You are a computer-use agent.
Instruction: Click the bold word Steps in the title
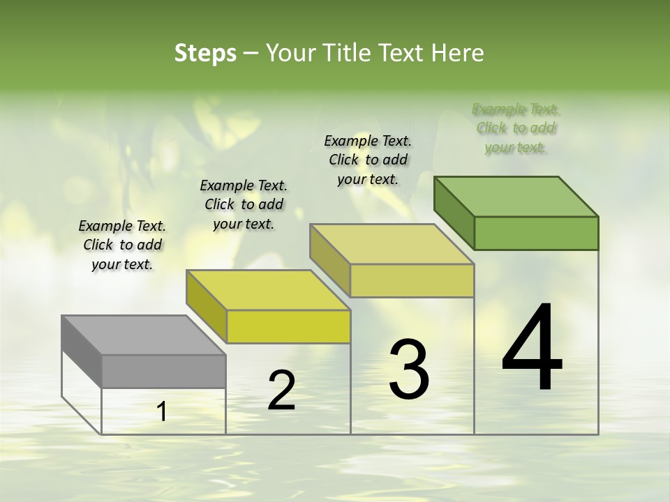click(x=205, y=53)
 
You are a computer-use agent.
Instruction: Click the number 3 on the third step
click(x=408, y=370)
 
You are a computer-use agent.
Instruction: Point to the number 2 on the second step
click(x=281, y=390)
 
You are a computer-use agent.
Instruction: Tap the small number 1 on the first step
click(x=162, y=412)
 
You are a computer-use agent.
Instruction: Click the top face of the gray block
click(x=143, y=335)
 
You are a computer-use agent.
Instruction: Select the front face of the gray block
click(x=163, y=371)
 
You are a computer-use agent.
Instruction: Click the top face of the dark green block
click(x=516, y=196)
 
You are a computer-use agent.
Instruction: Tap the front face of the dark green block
click(x=536, y=233)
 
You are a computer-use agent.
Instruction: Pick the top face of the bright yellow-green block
click(x=268, y=289)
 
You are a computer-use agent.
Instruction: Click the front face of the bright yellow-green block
click(x=288, y=326)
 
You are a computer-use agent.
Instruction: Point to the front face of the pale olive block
click(x=412, y=280)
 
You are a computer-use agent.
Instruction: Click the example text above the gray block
click(x=122, y=245)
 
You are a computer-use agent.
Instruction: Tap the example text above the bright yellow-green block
click(x=244, y=204)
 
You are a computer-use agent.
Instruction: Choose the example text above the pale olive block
click(x=368, y=160)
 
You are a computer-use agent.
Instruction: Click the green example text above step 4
click(x=516, y=128)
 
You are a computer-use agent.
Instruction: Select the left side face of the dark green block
click(x=454, y=212)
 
